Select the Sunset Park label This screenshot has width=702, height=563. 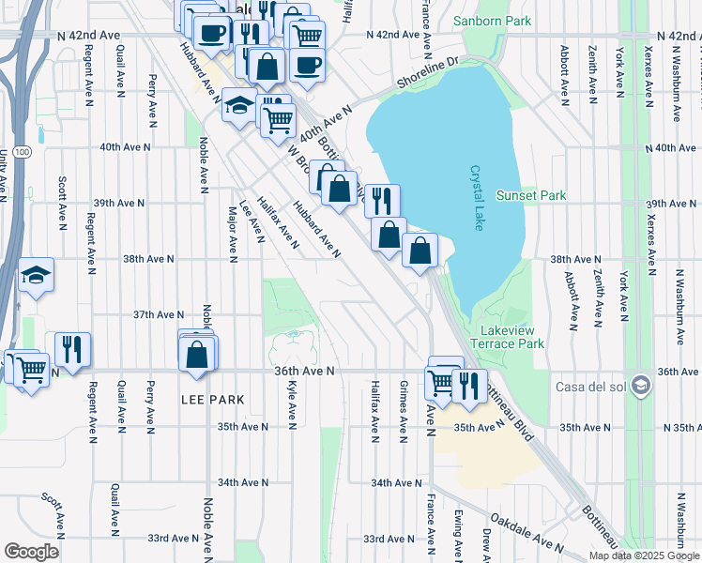[531, 195]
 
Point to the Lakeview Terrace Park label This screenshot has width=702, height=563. [512, 338]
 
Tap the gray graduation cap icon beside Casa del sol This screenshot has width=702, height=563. [641, 386]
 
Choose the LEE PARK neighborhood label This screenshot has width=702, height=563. [212, 400]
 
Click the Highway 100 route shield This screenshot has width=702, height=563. [23, 151]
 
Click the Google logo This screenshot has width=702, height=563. [32, 551]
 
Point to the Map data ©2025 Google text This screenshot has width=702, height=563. [643, 555]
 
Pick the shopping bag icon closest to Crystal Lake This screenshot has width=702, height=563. [420, 250]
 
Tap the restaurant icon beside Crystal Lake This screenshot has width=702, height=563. [381, 200]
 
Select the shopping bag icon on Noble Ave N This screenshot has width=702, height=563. [197, 355]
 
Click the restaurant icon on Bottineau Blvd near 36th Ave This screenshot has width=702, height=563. [469, 385]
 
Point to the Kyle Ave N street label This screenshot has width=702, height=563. [293, 405]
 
